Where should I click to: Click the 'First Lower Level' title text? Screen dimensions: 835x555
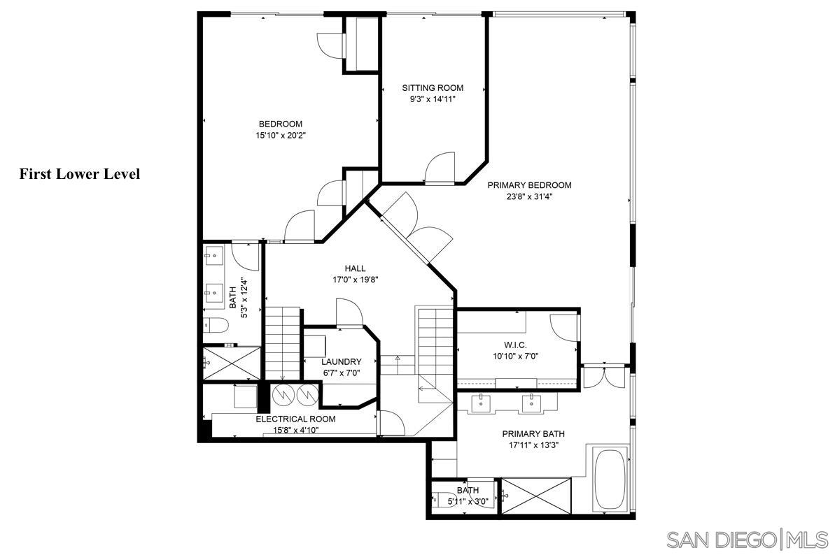pyautogui.click(x=80, y=174)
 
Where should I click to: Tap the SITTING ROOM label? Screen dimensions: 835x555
pyautogui.click(x=433, y=87)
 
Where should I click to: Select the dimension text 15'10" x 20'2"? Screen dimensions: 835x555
pyautogui.click(x=281, y=136)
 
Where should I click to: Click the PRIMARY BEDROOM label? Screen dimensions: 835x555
pyautogui.click(x=529, y=185)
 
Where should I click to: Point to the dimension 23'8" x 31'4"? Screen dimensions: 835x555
pyautogui.click(x=529, y=196)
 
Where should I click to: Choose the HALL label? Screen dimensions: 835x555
pyautogui.click(x=355, y=268)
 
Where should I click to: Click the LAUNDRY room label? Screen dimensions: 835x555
pyautogui.click(x=342, y=361)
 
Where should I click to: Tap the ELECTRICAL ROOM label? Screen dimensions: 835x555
pyautogui.click(x=295, y=419)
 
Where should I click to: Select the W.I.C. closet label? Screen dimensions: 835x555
pyautogui.click(x=515, y=345)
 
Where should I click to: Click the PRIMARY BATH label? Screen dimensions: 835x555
pyautogui.click(x=533, y=434)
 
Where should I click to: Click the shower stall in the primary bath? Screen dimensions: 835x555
pyautogui.click(x=536, y=496)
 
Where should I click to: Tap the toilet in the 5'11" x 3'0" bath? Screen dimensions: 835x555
pyautogui.click(x=440, y=498)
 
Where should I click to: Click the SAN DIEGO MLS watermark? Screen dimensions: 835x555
pyautogui.click(x=747, y=539)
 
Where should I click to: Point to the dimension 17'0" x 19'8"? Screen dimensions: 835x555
pyautogui.click(x=355, y=280)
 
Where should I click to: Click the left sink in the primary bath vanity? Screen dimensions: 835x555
pyautogui.click(x=482, y=403)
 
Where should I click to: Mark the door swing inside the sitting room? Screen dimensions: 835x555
pyautogui.click(x=440, y=168)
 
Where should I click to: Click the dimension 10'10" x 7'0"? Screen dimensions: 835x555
pyautogui.click(x=515, y=356)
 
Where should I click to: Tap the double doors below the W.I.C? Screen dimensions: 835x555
pyautogui.click(x=605, y=376)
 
